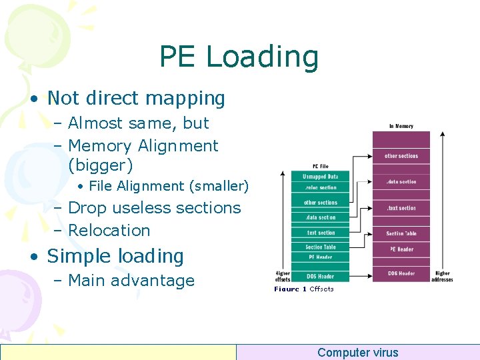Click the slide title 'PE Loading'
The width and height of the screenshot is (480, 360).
(x=239, y=57)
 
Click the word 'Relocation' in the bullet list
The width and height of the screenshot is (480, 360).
(x=109, y=230)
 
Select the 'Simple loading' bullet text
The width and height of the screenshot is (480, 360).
(x=115, y=256)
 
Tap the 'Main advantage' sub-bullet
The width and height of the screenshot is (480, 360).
(x=131, y=281)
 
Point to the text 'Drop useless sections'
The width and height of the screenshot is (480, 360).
(x=154, y=208)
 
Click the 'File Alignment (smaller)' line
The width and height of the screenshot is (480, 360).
(x=168, y=186)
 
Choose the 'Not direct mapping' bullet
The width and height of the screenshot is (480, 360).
(x=136, y=98)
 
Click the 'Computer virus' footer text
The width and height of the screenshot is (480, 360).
(x=357, y=353)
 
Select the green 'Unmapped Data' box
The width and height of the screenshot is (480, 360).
(x=321, y=177)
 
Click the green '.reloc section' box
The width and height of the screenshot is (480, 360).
(x=321, y=188)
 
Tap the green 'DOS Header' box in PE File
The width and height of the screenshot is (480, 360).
(x=321, y=275)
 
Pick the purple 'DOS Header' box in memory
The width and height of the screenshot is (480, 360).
(x=401, y=273)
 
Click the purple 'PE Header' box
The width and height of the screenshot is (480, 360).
(x=401, y=249)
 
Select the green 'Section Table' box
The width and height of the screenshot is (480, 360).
(x=321, y=247)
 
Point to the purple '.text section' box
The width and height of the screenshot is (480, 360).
(x=401, y=208)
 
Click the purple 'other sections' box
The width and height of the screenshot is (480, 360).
(x=401, y=156)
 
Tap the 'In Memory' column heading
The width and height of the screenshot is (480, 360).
(x=401, y=126)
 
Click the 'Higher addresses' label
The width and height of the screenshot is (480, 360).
(x=443, y=276)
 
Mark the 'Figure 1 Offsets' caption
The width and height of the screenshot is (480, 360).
(x=304, y=289)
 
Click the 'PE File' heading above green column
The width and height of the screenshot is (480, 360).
(x=320, y=166)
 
